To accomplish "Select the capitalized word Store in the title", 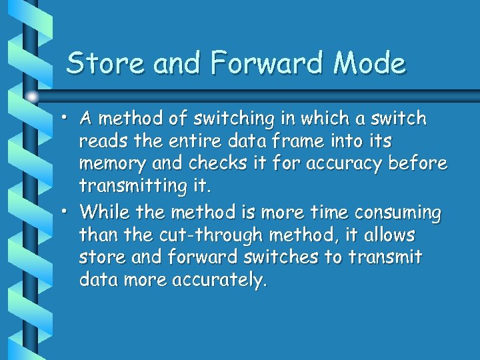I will point(107,64).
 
